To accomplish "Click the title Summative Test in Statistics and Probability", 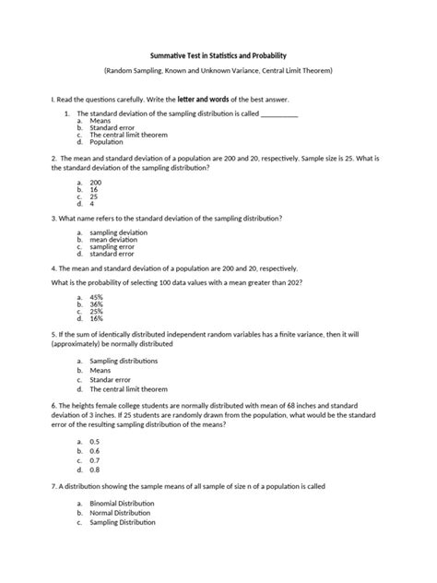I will click(x=218, y=54).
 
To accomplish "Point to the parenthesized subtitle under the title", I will click(x=218, y=70).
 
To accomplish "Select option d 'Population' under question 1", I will click(x=107, y=143).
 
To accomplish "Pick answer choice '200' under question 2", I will click(x=95, y=183).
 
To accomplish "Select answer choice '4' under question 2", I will click(x=92, y=204).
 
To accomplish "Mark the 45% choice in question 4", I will click(x=97, y=297).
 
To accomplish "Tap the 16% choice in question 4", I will click(x=97, y=318).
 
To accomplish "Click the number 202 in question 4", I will click(x=293, y=281).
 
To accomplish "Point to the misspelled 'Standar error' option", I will click(x=112, y=379).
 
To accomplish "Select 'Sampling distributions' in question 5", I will click(x=124, y=361).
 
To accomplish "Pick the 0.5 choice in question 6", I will click(x=94, y=442).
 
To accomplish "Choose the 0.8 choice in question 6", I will click(x=94, y=469).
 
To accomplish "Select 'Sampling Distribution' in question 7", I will click(x=123, y=522).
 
